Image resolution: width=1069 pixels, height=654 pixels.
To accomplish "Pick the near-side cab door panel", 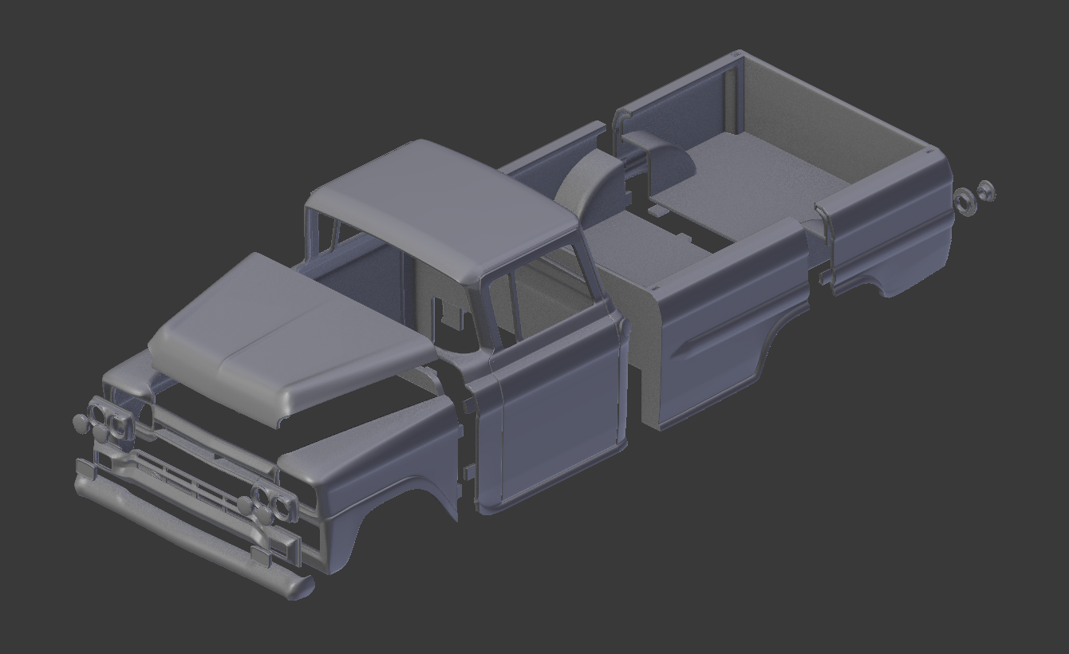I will pyautogui.click(x=558, y=415).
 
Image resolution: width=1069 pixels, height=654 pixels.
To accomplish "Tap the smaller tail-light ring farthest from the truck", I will pyautogui.click(x=986, y=191).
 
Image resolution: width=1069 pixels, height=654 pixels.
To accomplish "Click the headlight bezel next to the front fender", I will pyautogui.click(x=271, y=502).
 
